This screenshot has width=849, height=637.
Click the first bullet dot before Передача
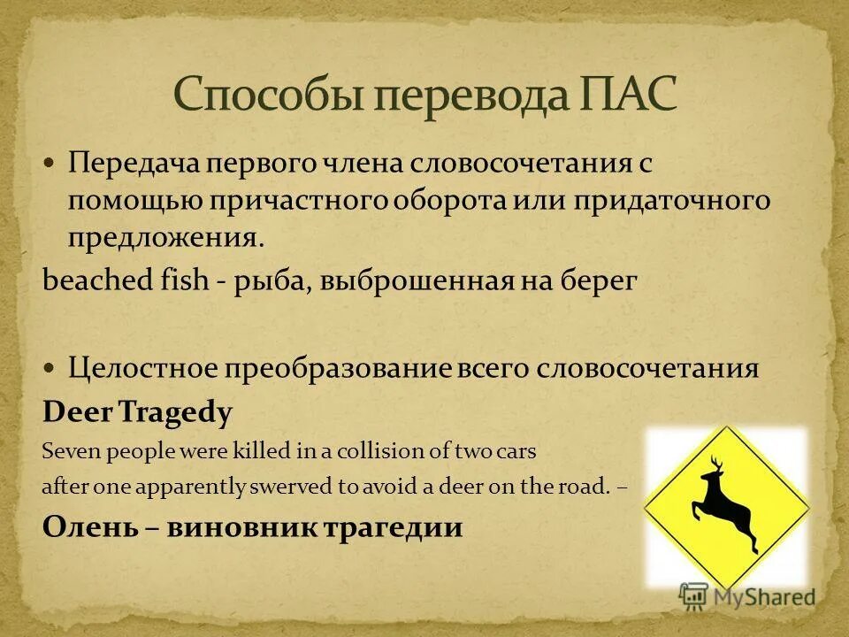(50, 164)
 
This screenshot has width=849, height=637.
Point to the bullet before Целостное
(50, 366)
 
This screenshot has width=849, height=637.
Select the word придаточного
(671, 201)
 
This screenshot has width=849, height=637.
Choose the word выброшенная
(411, 281)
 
